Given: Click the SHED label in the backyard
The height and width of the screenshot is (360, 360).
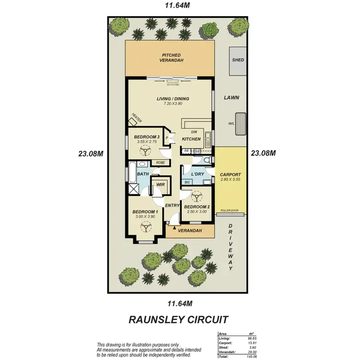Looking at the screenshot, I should pos(238,60).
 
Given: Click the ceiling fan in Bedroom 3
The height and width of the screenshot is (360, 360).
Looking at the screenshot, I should pos(143,152).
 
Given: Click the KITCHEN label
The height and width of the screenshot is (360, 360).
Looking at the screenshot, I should pos(191,139).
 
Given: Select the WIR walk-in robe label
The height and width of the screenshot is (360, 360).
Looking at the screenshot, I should pos(157,183).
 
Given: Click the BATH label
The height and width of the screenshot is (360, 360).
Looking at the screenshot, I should pos(143,174).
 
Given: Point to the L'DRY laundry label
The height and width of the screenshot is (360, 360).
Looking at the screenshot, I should pos(198,174).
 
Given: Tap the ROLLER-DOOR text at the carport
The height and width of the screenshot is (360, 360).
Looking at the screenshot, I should pos(230,211).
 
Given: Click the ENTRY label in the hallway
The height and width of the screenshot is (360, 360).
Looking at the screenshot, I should pos(172,206).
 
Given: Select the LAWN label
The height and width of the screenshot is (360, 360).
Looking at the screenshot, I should pos(231,97).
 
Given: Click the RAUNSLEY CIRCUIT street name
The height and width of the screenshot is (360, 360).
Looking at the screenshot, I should pos(180,319).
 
